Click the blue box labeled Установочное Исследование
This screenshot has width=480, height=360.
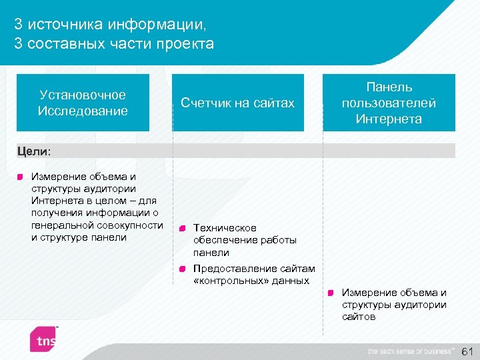(83, 103)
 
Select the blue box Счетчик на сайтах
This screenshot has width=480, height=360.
(238, 103)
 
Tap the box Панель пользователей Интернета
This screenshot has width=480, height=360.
(389, 103)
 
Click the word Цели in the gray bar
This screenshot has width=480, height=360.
(32, 151)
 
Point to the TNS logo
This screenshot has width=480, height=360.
(45, 339)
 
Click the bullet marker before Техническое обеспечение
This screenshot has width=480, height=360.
(182, 228)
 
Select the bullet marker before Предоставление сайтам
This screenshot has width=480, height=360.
(182, 269)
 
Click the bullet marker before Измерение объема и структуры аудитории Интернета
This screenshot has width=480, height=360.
(21, 177)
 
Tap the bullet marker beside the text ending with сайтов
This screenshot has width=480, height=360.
(331, 293)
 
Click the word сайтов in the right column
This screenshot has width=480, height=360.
(359, 317)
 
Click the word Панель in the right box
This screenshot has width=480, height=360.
(389, 87)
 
